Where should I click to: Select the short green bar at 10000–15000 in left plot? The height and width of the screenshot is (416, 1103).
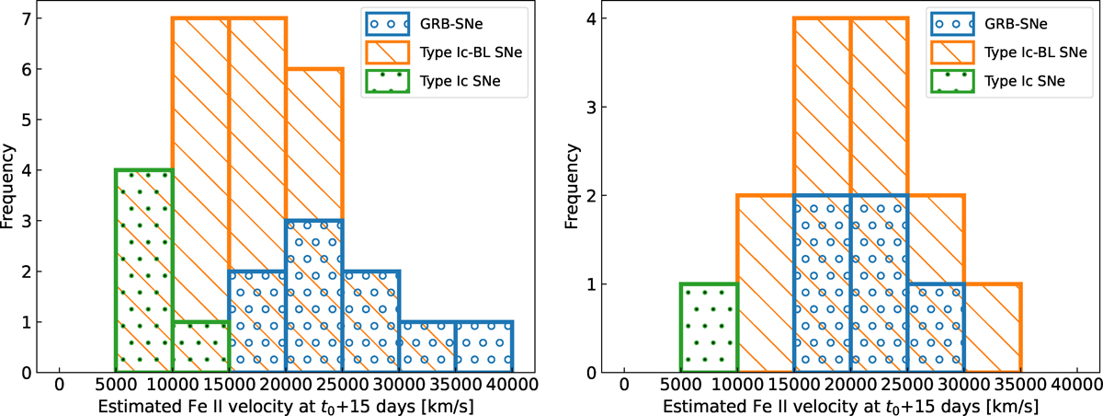click(200, 347)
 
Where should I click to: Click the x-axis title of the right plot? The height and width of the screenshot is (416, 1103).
click(848, 404)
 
